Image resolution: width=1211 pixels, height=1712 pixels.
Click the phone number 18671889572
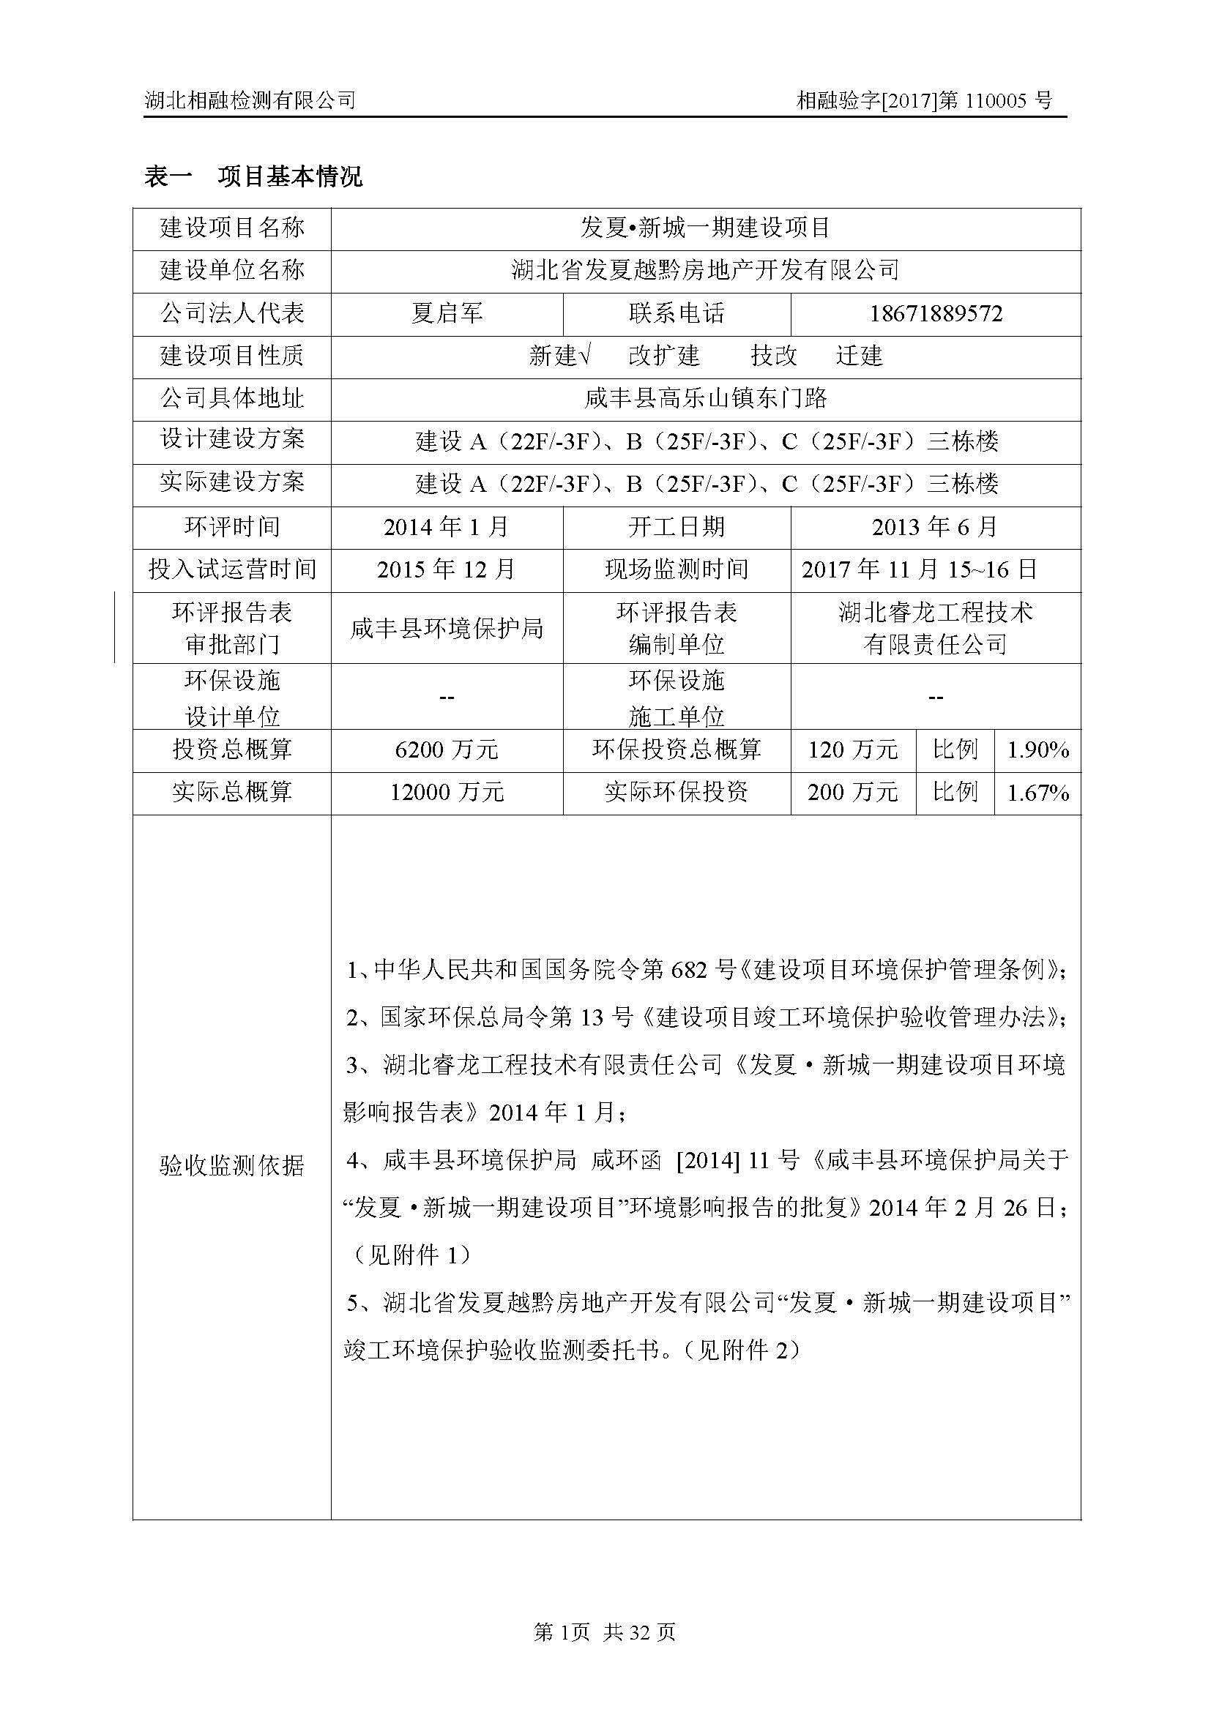[935, 314]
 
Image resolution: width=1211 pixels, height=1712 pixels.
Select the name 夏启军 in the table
[447, 314]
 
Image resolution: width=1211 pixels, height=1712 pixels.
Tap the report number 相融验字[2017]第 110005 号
[924, 101]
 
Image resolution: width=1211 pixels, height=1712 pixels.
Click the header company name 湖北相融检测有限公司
[250, 101]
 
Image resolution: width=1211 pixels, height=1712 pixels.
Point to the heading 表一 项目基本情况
[253, 176]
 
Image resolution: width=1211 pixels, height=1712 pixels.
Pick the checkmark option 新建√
[559, 356]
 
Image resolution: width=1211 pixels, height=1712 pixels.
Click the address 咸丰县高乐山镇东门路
[705, 399]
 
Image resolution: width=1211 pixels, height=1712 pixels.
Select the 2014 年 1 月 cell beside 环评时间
[447, 527]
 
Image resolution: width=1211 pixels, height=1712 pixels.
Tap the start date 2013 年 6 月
[935, 527]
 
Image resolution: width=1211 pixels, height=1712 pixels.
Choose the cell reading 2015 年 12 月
[447, 570]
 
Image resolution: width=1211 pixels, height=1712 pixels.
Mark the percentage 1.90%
[1037, 750]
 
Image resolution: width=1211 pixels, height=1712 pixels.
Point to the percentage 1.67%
[1037, 793]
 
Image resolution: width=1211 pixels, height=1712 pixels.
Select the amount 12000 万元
[447, 793]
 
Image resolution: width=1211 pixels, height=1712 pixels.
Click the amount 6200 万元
[447, 750]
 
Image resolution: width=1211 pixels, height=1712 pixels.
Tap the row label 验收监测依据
[232, 1165]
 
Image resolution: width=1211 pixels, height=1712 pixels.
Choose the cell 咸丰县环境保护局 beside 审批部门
[447, 629]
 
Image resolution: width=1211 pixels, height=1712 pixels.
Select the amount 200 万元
[852, 793]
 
